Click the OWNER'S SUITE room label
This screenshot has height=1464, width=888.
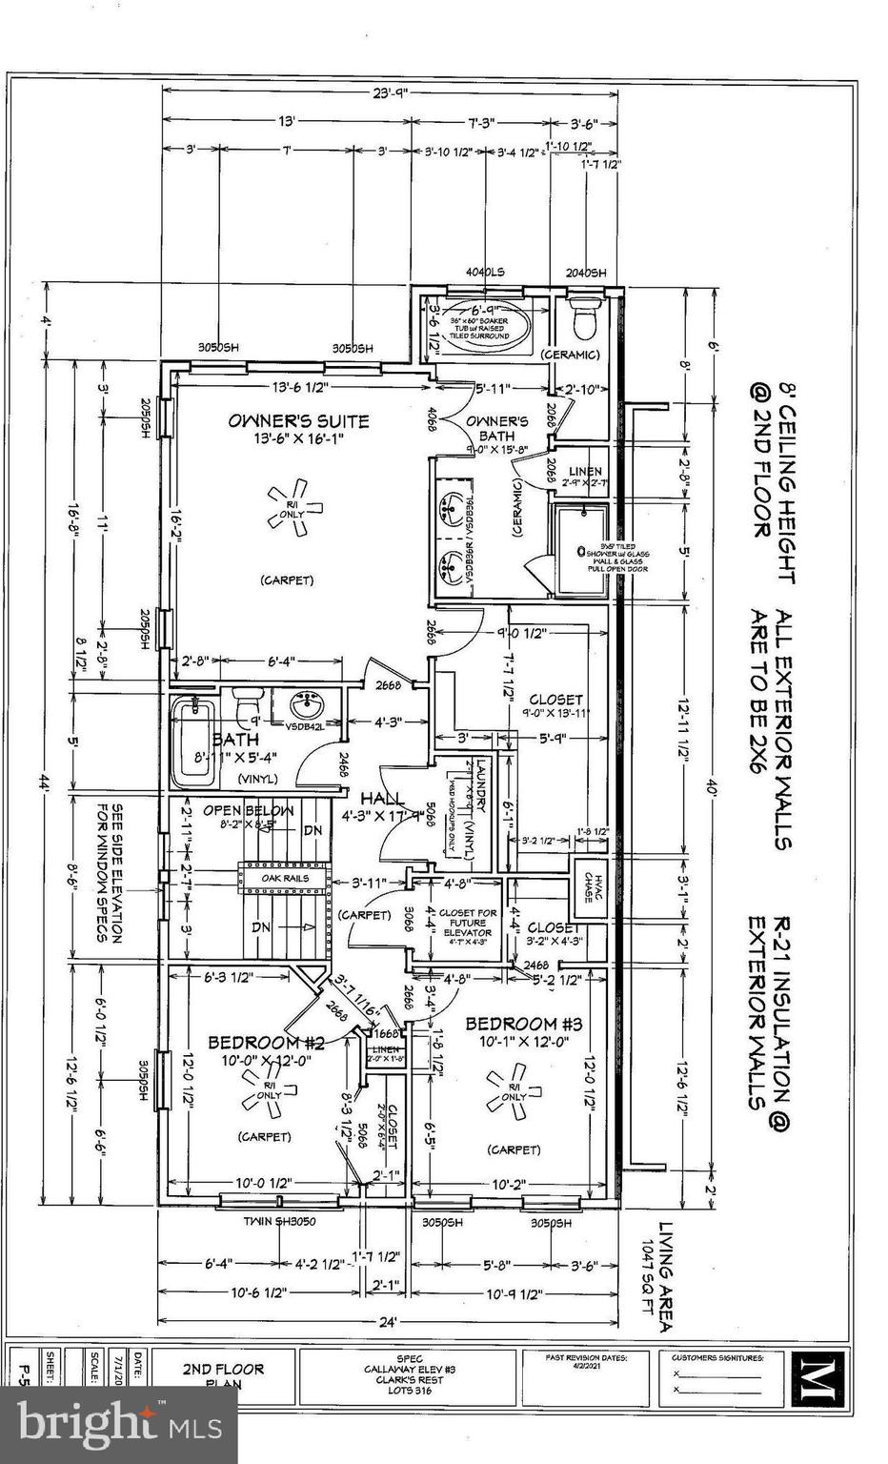tap(297, 420)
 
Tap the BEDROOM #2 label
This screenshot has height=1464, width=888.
tap(266, 1043)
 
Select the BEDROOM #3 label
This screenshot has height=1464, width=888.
tap(522, 1024)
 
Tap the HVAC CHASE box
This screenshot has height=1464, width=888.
tap(588, 883)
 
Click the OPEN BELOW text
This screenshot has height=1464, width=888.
tap(234, 811)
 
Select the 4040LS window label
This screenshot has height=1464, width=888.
tap(484, 273)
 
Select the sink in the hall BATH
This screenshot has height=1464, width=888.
tap(306, 708)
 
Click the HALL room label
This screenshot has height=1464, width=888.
tap(381, 798)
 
